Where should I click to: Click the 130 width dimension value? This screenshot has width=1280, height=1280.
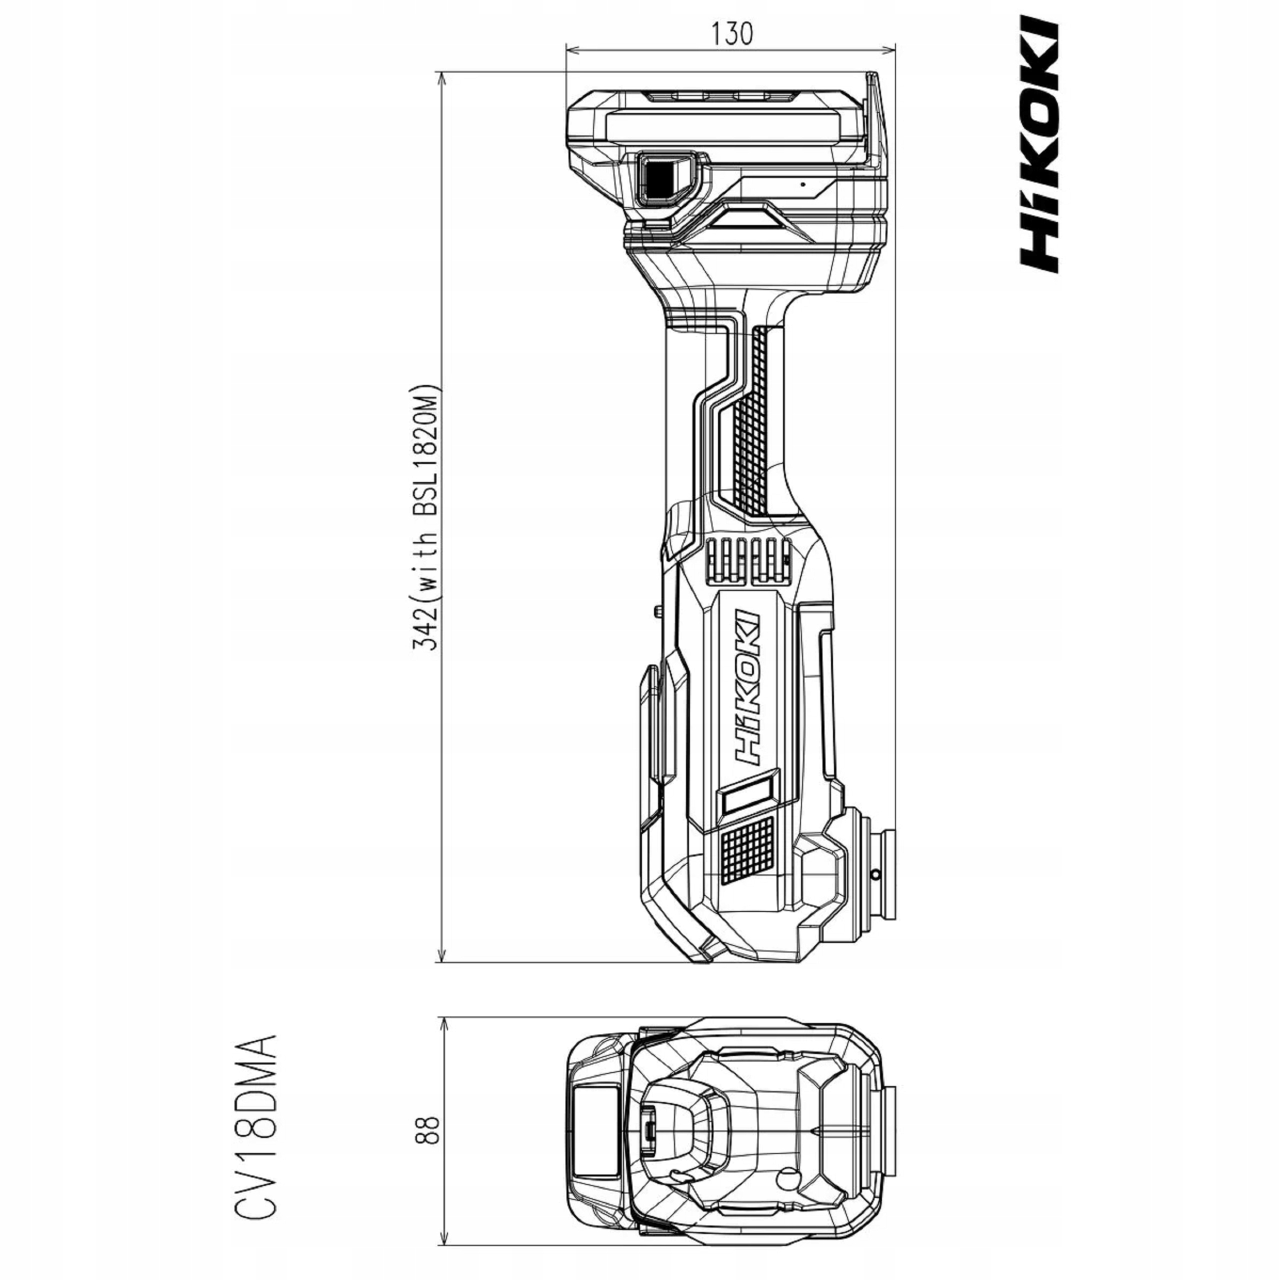tap(732, 32)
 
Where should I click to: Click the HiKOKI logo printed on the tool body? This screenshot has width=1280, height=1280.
tap(746, 689)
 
